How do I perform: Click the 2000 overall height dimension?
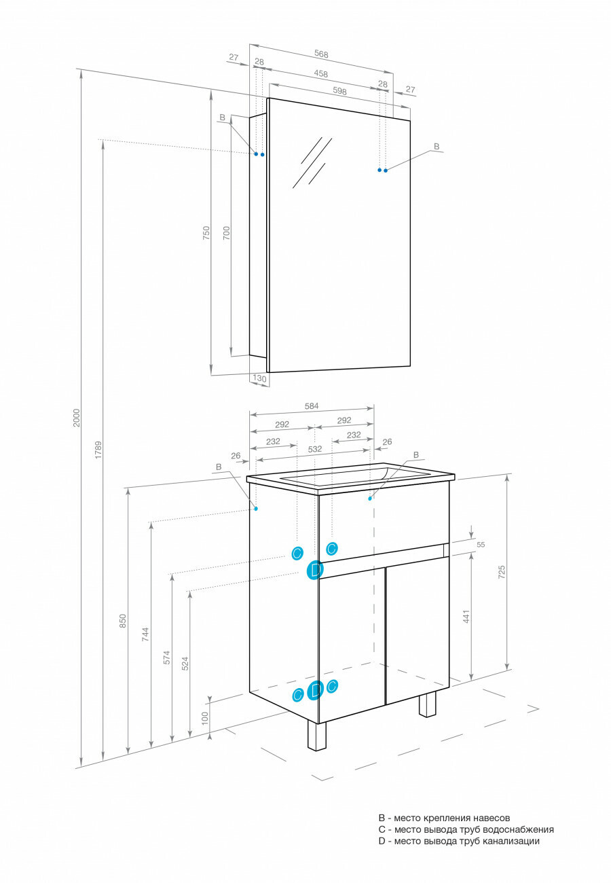click(x=77, y=417)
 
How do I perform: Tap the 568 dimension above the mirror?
click(x=322, y=54)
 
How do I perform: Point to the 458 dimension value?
click(x=321, y=73)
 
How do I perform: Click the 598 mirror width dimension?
click(x=340, y=91)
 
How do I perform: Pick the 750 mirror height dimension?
click(x=206, y=234)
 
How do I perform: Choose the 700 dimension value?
click(x=227, y=234)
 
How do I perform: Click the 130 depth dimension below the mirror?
click(x=259, y=378)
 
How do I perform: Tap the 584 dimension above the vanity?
click(x=311, y=406)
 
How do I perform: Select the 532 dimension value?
click(x=314, y=449)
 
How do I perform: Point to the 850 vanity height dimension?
click(x=123, y=620)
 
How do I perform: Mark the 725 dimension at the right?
click(x=502, y=571)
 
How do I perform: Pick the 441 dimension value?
click(x=466, y=617)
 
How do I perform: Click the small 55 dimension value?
click(x=481, y=544)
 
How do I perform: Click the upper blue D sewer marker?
click(x=314, y=571)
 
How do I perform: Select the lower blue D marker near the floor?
click(x=314, y=691)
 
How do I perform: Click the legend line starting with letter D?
click(x=459, y=841)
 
